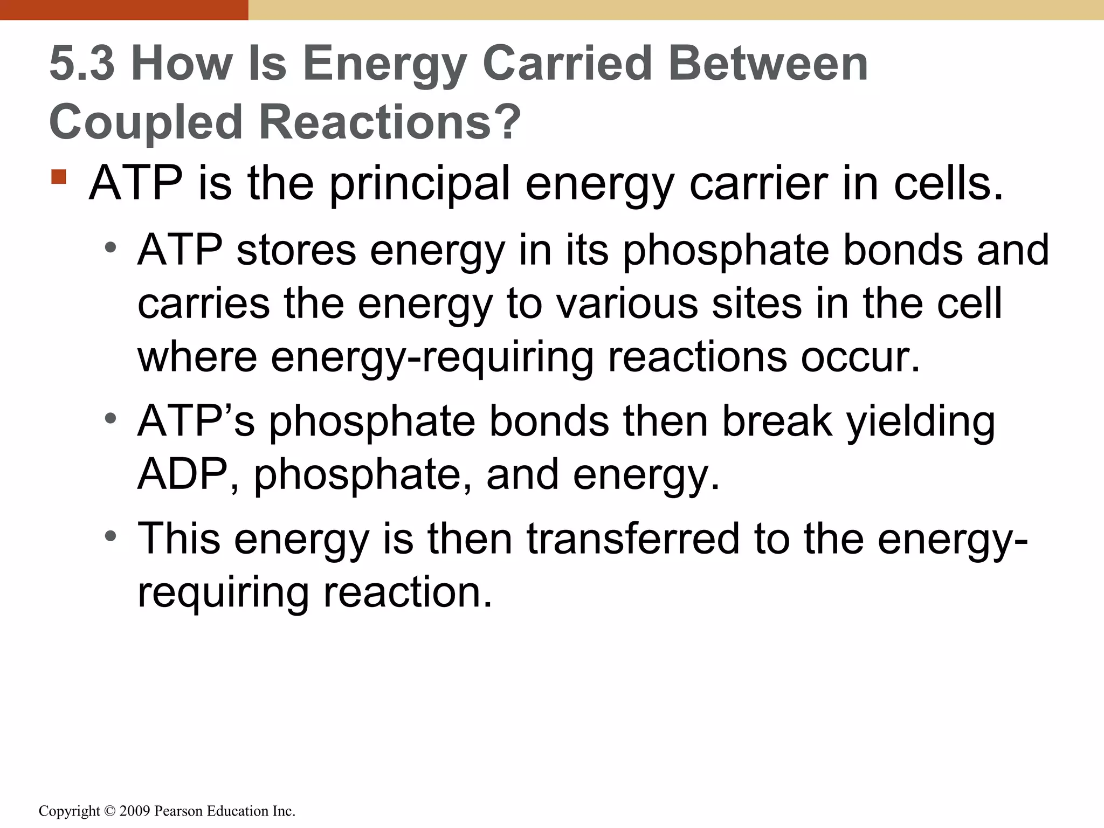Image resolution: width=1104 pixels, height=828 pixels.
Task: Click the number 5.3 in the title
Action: tap(82, 64)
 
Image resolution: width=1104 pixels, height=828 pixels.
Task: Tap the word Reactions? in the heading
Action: tap(390, 122)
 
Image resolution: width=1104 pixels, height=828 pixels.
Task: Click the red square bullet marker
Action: tap(59, 177)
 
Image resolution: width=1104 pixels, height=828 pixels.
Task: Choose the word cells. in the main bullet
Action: tap(948, 184)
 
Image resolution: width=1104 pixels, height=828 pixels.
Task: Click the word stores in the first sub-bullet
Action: tap(296, 250)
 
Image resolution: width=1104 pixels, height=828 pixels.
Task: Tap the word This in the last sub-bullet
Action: tap(179, 539)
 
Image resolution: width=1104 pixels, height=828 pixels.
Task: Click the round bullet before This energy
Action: tap(111, 536)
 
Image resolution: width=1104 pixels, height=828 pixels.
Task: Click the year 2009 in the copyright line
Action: tap(135, 811)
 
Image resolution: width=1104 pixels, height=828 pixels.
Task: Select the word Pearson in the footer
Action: tap(178, 811)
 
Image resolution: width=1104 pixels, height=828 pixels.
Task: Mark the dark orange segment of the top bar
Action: tap(124, 10)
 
